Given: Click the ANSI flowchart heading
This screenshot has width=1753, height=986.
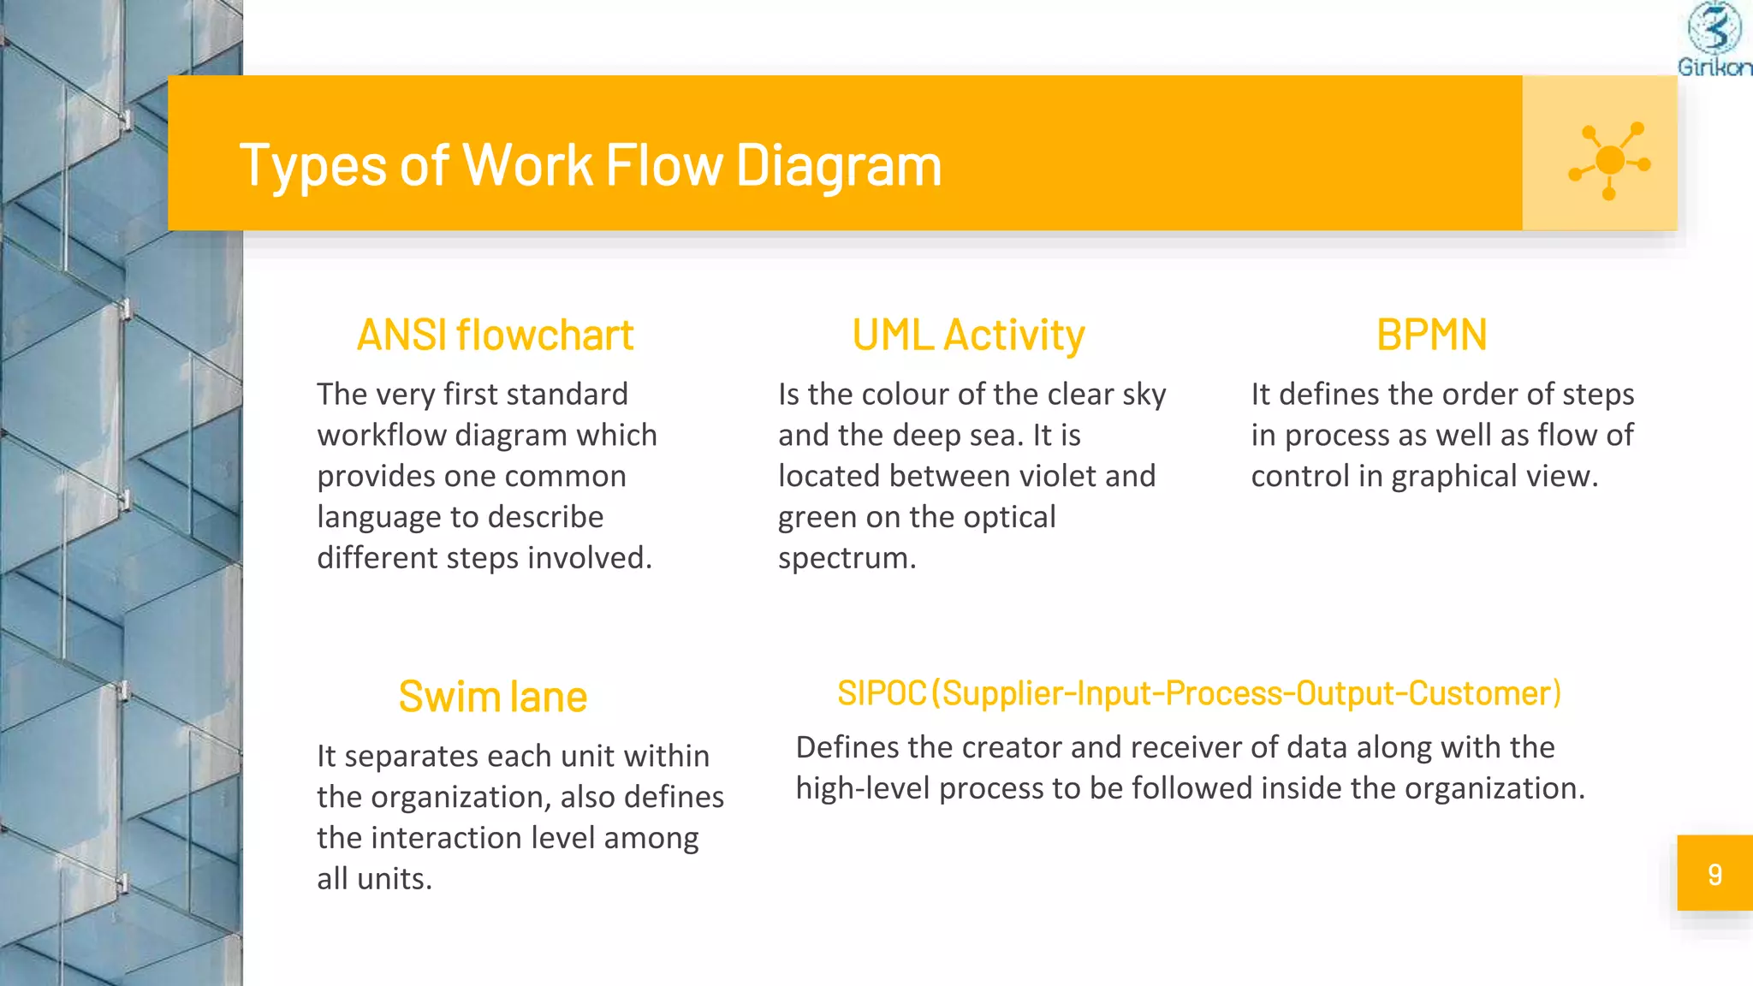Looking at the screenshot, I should pos(495,336).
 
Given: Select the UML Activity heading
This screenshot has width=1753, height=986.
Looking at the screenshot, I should pos(968,336).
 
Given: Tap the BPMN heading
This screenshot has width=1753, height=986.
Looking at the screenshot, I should pos(1431,336).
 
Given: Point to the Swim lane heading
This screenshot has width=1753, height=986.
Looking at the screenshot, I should pos(492,697).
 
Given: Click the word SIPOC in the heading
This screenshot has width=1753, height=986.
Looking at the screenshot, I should pos(882,693).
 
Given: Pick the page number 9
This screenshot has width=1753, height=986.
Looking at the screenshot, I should pos(1714,874).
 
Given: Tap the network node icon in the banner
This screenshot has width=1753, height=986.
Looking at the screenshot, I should pos(1608,160).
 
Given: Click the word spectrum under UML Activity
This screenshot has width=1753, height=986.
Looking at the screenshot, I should pos(846,558).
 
